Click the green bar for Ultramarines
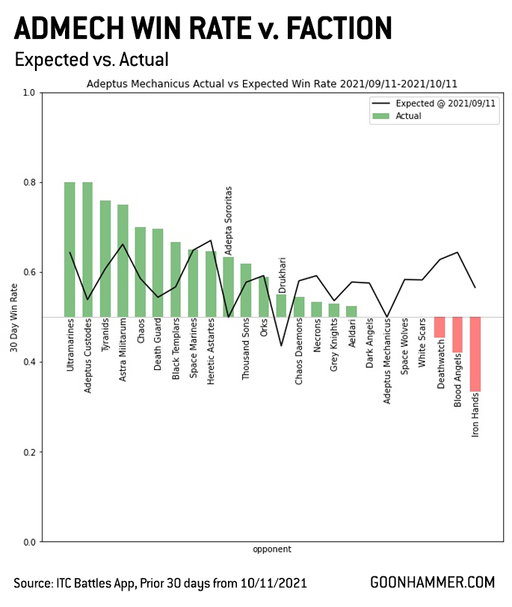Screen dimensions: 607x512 (70, 249)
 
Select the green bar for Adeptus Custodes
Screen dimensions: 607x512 (87, 249)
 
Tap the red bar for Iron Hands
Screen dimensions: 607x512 (475, 354)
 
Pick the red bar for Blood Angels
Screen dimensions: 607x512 (457, 334)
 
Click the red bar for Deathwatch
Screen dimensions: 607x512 (439, 327)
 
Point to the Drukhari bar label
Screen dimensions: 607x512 (282, 274)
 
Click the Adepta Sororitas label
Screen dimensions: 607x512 (229, 221)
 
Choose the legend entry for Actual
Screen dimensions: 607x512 (409, 116)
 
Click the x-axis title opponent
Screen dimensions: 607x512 (272, 549)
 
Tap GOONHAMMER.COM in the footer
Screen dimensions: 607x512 (432, 582)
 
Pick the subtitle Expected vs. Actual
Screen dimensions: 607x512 (91, 60)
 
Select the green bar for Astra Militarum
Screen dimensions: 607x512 (123, 260)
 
